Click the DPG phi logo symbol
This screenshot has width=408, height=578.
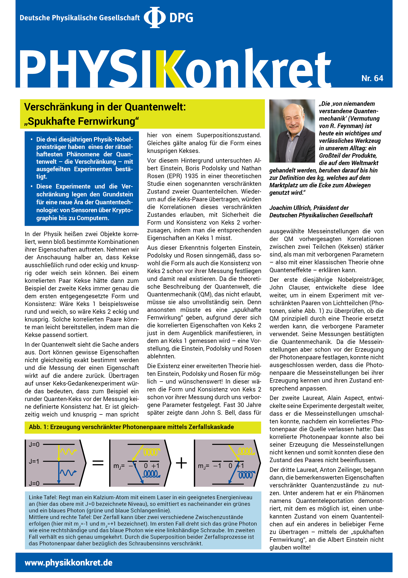click(x=154, y=17)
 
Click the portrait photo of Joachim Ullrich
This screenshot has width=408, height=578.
click(x=292, y=131)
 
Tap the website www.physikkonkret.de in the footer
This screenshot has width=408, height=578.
click(x=68, y=563)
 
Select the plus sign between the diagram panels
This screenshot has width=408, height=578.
click(x=181, y=463)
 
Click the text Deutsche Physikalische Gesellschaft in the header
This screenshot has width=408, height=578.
click(x=79, y=18)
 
